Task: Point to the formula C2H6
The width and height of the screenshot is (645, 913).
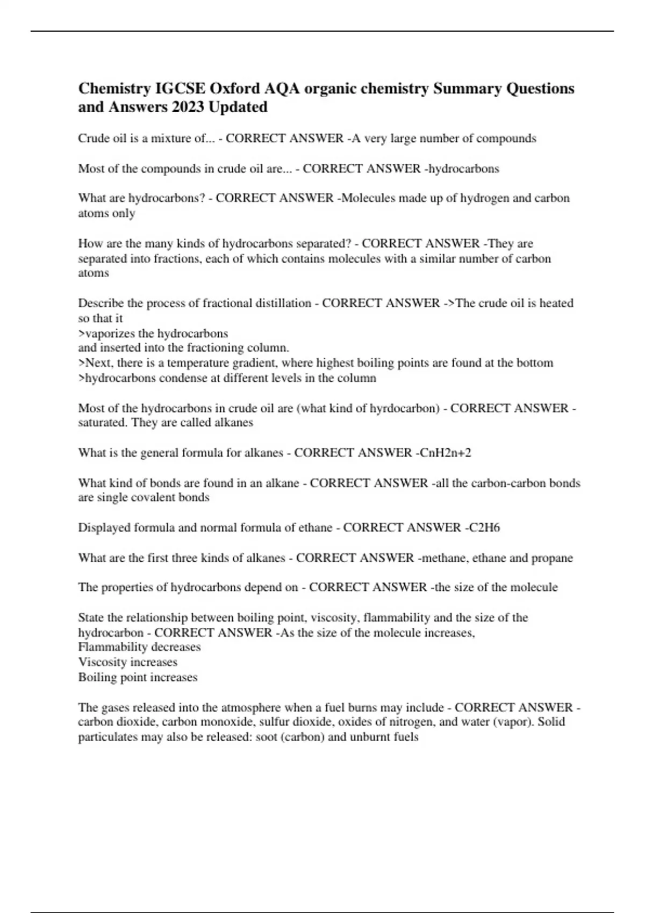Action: pyautogui.click(x=482, y=527)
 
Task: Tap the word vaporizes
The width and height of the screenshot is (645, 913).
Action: pyautogui.click(x=109, y=334)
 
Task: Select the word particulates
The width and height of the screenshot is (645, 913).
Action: pyautogui.click(x=108, y=737)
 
